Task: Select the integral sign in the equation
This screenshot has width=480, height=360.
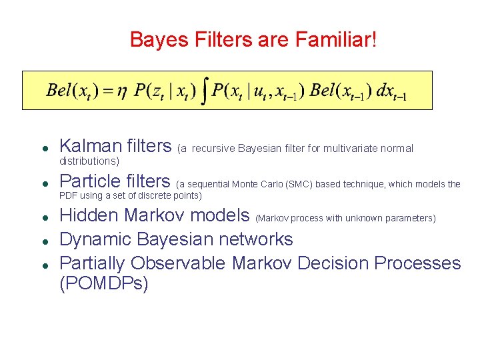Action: click(x=205, y=91)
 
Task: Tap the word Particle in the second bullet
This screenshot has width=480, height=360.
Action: click(x=89, y=181)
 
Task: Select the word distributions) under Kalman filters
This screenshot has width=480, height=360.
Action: click(x=89, y=161)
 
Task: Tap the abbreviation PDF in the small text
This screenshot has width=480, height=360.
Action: click(x=69, y=195)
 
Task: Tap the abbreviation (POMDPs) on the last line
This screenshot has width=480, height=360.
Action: click(x=104, y=284)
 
